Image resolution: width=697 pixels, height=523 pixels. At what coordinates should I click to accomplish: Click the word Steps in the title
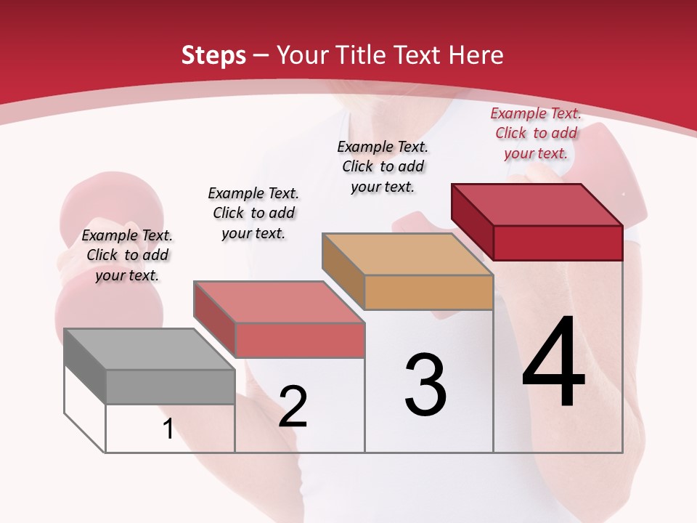pos(213,56)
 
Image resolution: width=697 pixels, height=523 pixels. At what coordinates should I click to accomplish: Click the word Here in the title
pos(476,56)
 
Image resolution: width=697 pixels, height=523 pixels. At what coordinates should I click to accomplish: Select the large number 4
pos(553,363)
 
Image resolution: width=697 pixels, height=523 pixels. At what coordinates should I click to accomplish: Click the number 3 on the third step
pos(425,385)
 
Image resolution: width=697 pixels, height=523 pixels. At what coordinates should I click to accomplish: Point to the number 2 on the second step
pos(293,407)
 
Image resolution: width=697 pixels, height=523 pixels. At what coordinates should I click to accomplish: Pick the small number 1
pos(168,429)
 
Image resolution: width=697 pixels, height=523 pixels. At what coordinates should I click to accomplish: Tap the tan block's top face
pos(407,254)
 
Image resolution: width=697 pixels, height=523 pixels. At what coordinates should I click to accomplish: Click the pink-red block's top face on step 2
pos(279,302)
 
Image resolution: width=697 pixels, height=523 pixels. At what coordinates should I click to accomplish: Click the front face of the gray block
pos(170,386)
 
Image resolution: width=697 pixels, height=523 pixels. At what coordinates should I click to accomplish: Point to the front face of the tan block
pos(428,292)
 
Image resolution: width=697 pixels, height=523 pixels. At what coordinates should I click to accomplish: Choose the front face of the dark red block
pos(558,243)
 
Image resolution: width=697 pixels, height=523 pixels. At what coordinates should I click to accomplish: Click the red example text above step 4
pos(536,133)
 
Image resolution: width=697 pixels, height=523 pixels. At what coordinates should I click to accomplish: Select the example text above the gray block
pos(127,255)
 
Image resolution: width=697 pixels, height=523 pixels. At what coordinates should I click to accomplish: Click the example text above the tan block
pos(383,166)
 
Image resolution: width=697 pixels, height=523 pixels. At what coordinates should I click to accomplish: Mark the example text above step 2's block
pos(253,213)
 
